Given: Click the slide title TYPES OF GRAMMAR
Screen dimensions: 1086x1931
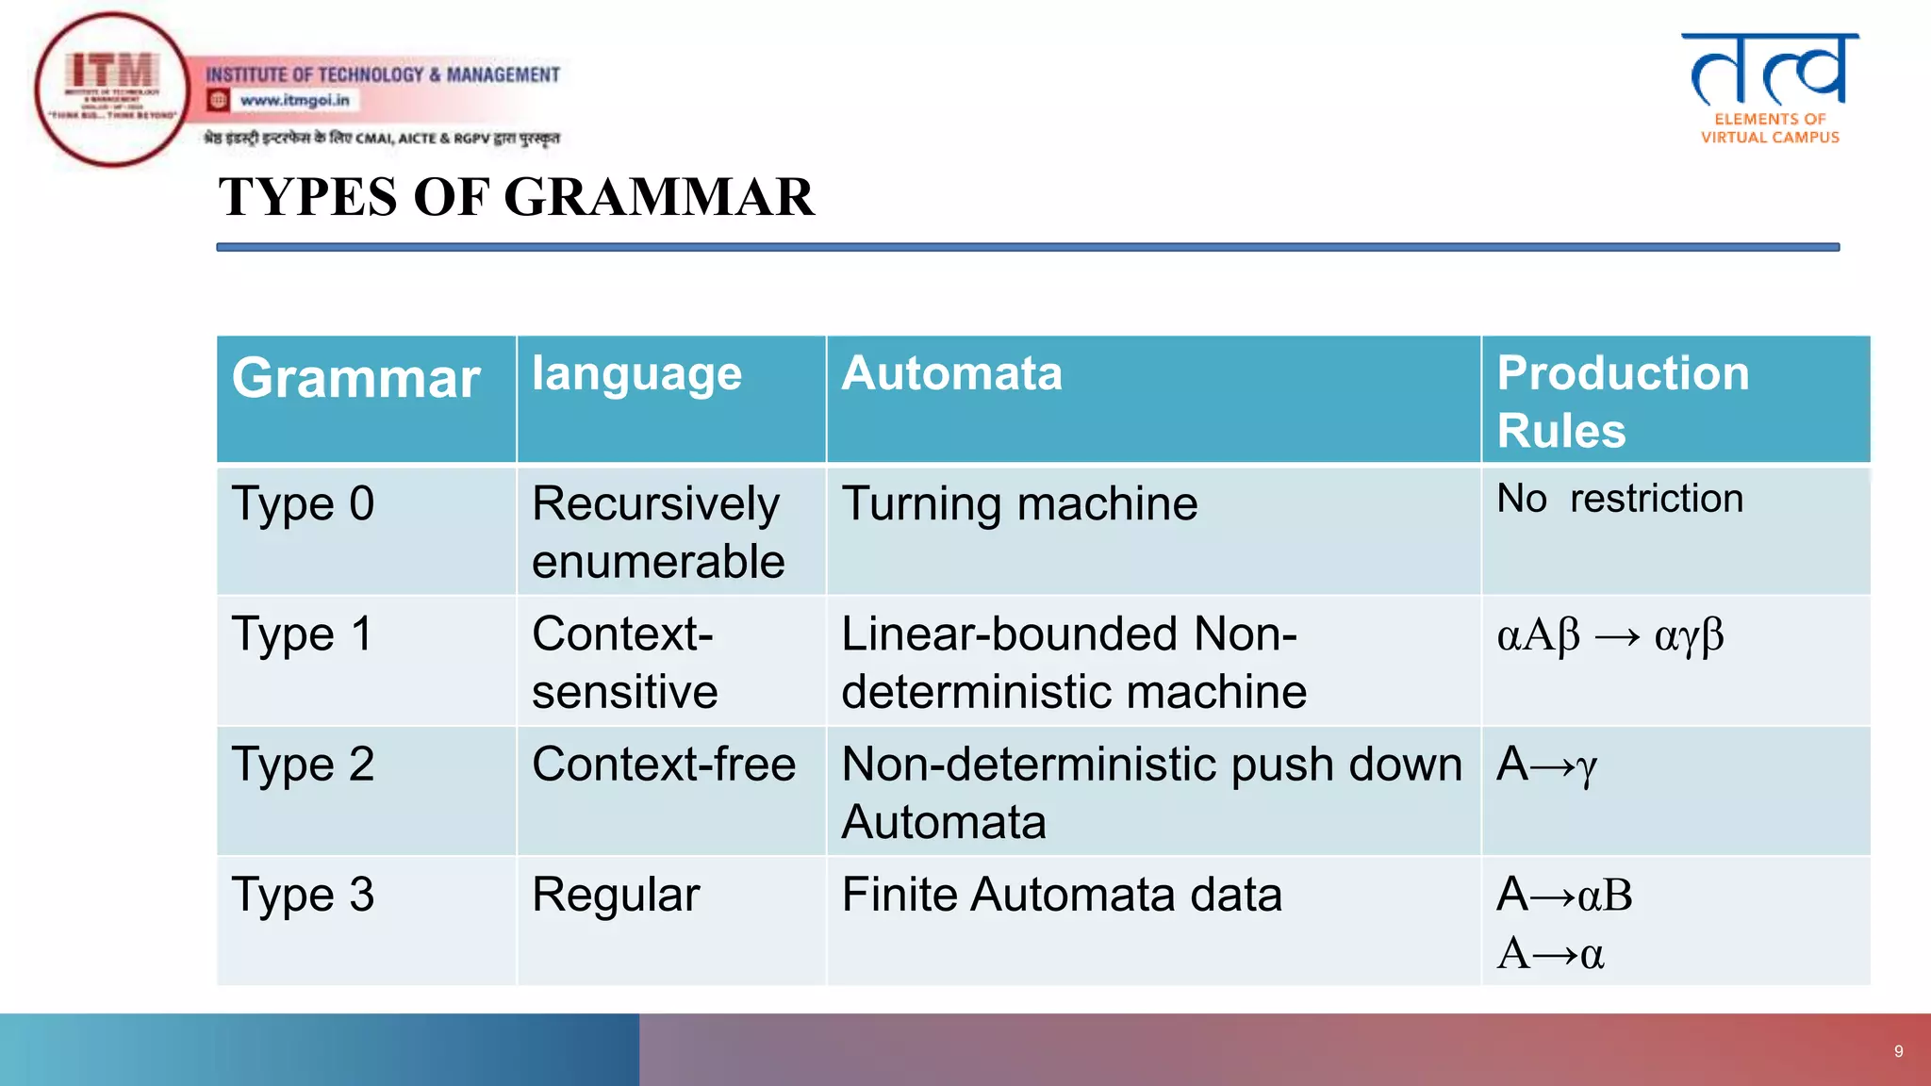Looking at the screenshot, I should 516,197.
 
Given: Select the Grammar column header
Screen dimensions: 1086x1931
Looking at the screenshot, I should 356,379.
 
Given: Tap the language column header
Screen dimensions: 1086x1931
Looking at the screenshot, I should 636,374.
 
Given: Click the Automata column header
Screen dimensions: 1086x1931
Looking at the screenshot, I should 951,373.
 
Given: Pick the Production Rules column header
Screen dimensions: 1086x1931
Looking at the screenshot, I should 1623,401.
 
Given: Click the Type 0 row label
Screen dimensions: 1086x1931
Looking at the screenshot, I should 303,504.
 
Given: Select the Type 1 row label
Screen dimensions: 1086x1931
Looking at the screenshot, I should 303,634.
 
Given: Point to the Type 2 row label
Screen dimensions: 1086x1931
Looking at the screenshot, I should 303,765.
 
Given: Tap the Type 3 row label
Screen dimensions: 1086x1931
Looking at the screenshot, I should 303,895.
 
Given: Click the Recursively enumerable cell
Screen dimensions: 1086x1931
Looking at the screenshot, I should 657,533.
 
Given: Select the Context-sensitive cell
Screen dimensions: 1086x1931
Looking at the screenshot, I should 624,663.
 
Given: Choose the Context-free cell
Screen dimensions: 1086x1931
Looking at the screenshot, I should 664,765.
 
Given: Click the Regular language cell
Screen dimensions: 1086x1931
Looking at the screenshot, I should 616,895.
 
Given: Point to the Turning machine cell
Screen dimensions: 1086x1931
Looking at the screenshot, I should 1019,504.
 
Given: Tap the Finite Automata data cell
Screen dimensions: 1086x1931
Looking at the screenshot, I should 1062,895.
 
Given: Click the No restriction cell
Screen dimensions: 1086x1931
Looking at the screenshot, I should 1620,499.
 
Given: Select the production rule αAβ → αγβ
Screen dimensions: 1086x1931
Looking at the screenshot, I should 1610,636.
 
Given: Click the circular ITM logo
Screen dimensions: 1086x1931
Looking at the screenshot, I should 112,90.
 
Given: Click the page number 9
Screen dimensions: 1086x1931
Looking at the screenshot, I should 1898,1051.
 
